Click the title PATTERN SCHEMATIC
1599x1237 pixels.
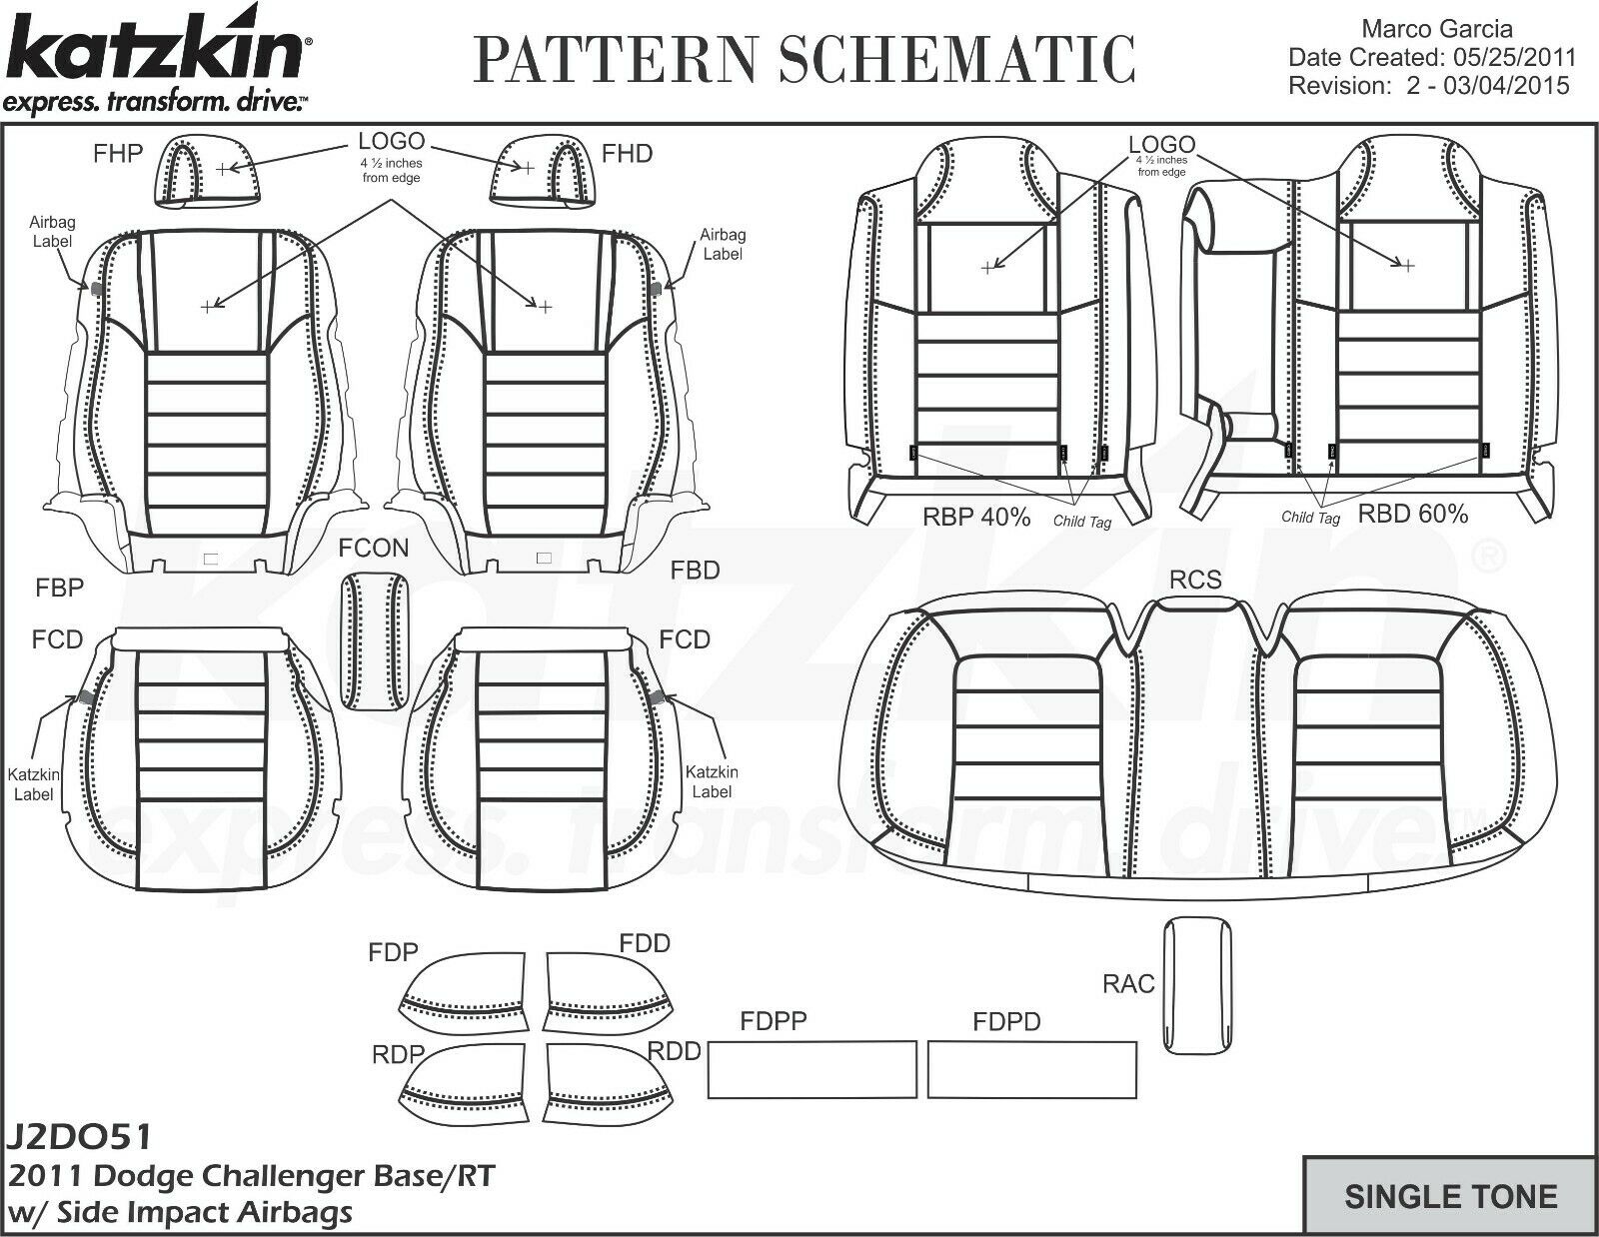click(804, 58)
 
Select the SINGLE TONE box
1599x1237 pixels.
click(1450, 1196)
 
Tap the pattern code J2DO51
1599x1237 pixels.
click(80, 1138)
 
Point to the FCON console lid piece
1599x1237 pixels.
click(376, 640)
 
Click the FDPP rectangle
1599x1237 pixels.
click(811, 1069)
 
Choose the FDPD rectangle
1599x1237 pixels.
click(1031, 1069)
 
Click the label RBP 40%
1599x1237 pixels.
click(975, 517)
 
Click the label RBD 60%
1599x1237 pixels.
click(1412, 515)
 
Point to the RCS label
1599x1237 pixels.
click(1195, 581)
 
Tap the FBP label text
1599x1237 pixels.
click(59, 588)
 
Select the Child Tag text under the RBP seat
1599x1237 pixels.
click(1081, 522)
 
